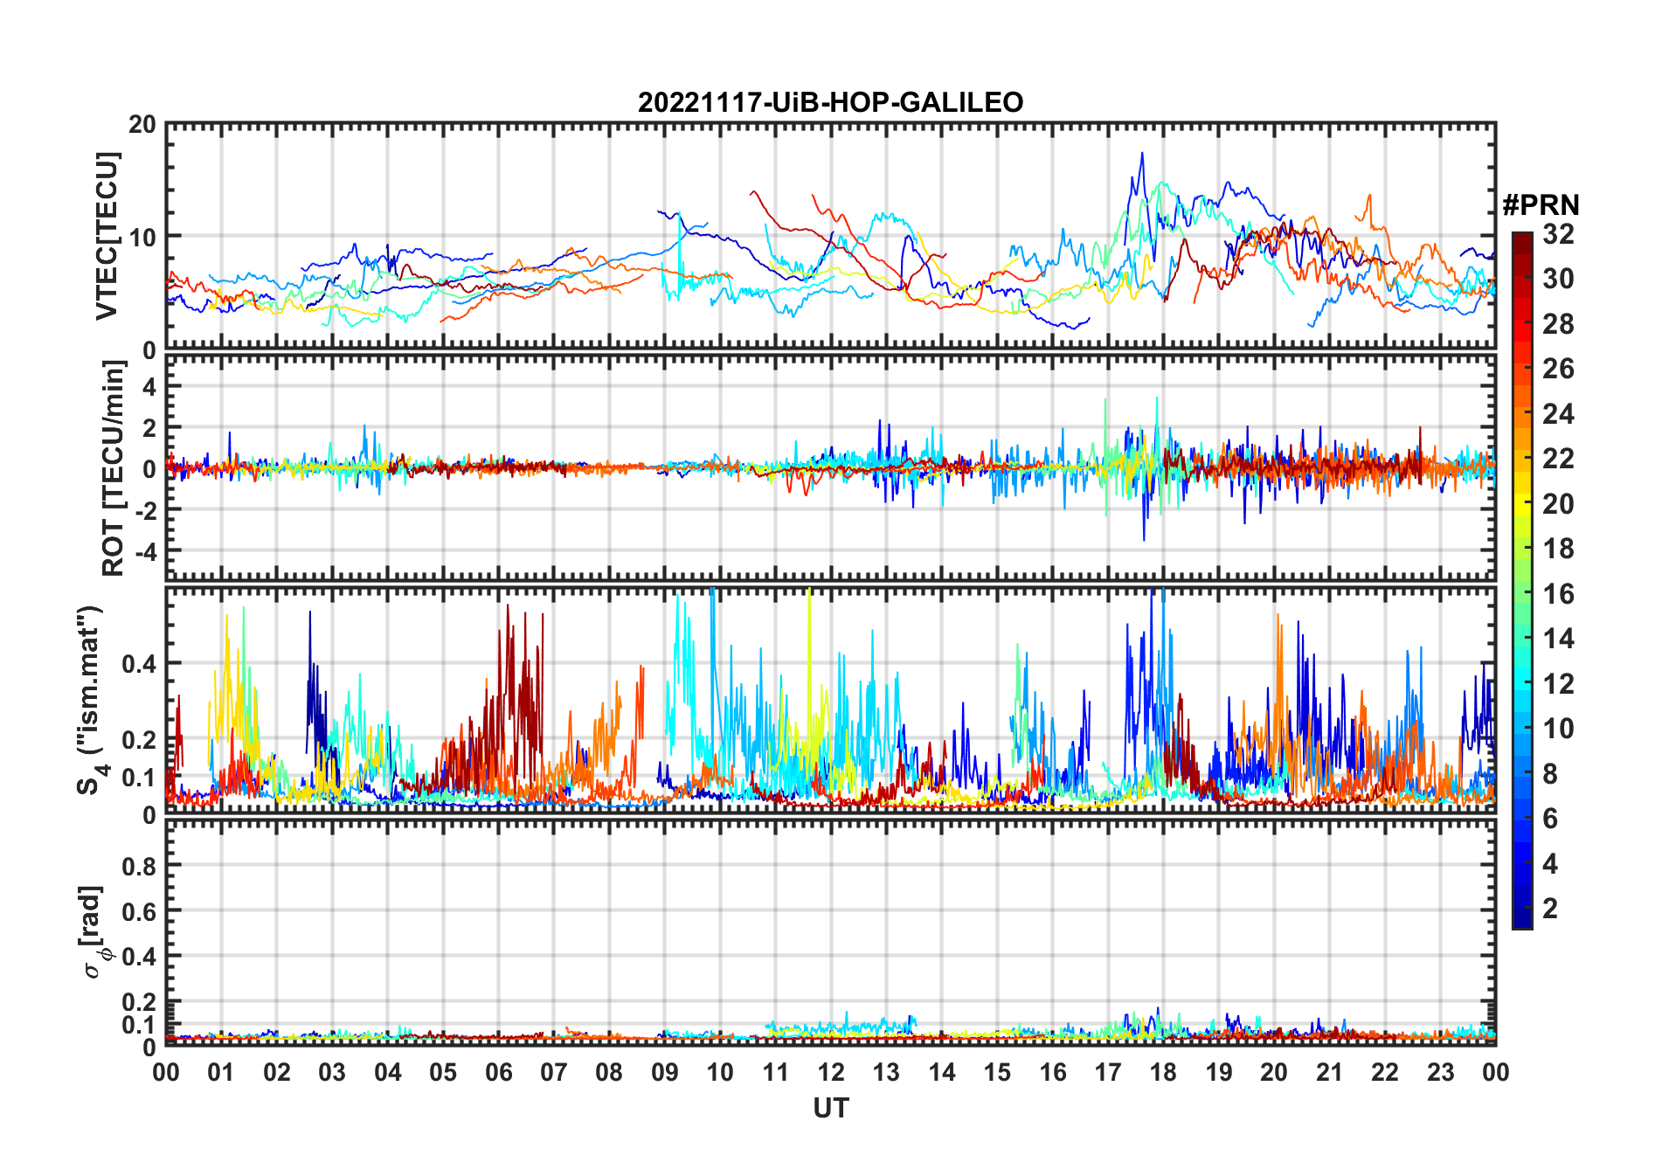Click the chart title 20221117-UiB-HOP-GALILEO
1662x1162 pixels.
click(830, 103)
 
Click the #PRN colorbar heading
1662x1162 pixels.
click(1541, 205)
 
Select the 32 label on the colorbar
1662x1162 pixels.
click(1558, 234)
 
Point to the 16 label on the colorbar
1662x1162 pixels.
click(1558, 594)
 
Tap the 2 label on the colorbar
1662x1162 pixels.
click(1550, 909)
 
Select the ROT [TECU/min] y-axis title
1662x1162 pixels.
click(114, 468)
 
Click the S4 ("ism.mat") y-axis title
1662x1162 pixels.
click(92, 699)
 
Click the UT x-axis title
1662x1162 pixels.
click(830, 1109)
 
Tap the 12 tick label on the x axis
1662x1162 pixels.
click(831, 1073)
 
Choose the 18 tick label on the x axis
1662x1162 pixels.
click(1163, 1073)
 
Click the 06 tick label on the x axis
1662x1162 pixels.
click(498, 1073)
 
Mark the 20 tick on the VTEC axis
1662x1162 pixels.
click(142, 125)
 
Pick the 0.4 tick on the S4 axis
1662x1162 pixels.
click(138, 664)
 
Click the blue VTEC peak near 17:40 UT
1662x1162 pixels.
click(1141, 154)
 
